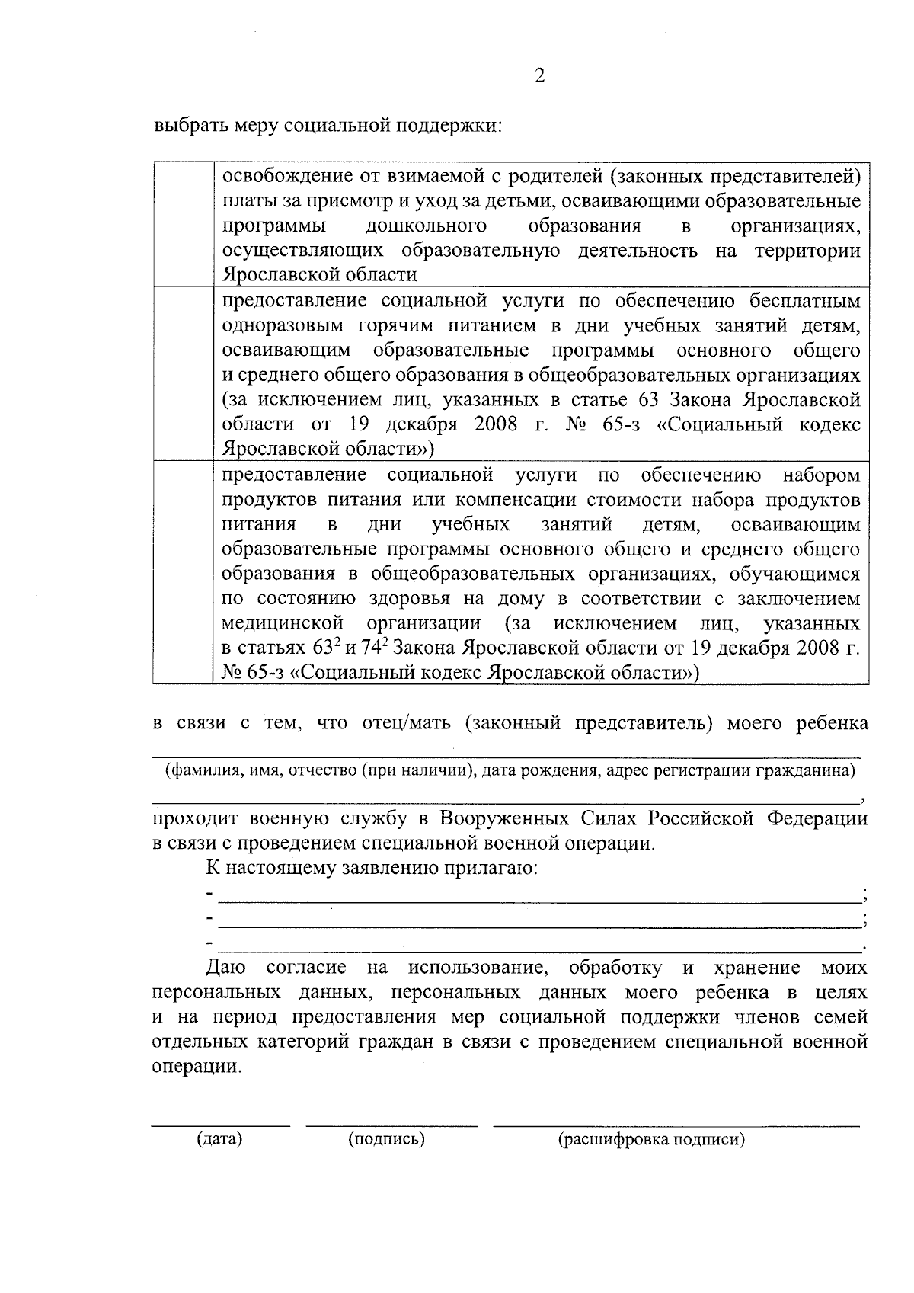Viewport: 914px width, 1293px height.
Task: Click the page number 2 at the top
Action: [539, 76]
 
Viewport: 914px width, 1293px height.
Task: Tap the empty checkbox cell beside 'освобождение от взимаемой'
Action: [184, 224]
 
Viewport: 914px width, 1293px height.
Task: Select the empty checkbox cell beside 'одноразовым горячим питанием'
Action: [184, 373]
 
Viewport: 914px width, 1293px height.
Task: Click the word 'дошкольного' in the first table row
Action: [427, 226]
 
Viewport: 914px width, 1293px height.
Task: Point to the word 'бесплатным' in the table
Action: [808, 300]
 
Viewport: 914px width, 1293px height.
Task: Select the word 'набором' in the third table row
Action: [822, 475]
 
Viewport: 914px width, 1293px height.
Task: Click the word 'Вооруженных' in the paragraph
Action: [505, 819]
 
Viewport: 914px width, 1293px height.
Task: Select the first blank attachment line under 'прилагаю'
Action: [538, 901]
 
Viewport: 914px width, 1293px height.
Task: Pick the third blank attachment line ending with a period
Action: [538, 950]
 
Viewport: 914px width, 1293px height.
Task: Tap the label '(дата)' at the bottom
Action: [219, 1140]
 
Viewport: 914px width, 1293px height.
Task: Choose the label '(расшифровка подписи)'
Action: [650, 1140]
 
